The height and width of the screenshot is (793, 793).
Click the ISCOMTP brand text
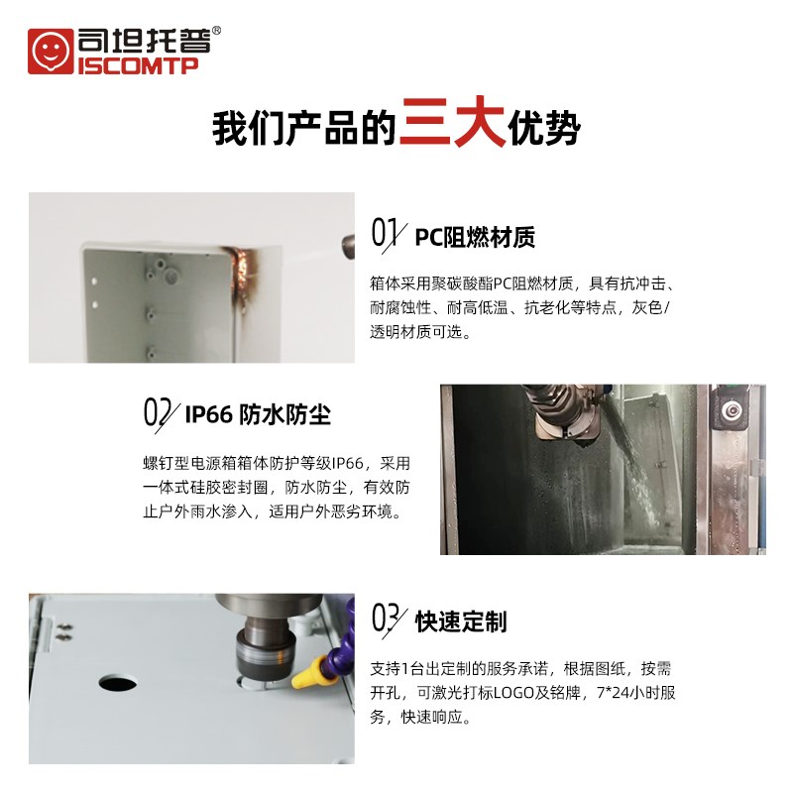pyautogui.click(x=137, y=65)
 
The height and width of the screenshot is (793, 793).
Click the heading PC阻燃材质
pyautogui.click(x=475, y=236)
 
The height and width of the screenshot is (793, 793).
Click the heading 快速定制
pyautogui.click(x=461, y=622)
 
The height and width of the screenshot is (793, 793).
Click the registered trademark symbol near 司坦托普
pyautogui.click(x=217, y=31)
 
